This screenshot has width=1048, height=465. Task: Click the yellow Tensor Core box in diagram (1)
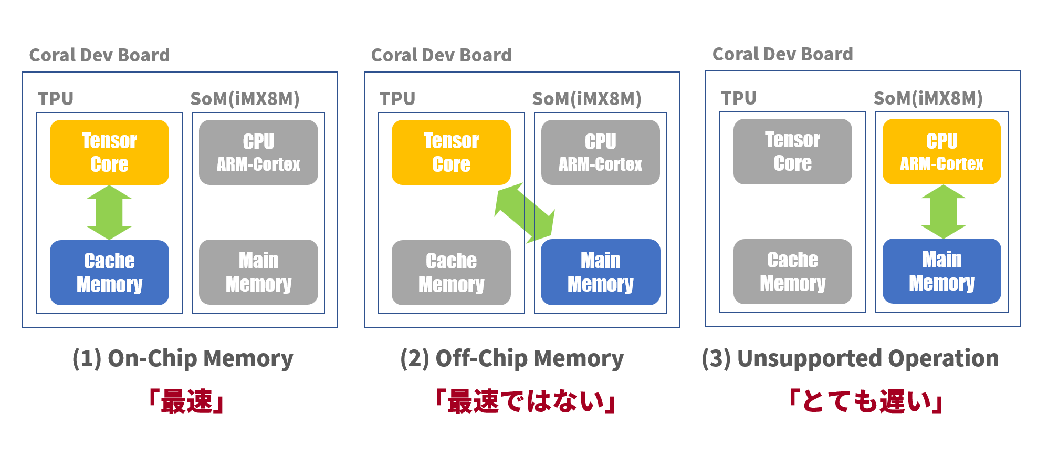pyautogui.click(x=109, y=152)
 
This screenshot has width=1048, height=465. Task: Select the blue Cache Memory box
pyautogui.click(x=109, y=272)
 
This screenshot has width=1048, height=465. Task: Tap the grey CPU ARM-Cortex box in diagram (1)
pyautogui.click(x=258, y=152)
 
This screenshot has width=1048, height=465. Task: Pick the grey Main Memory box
pyautogui.click(x=258, y=272)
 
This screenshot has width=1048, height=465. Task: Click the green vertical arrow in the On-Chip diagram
pyautogui.click(x=109, y=212)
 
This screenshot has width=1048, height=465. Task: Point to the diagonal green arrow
pyautogui.click(x=525, y=213)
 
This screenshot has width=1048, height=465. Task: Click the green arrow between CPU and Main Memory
pyautogui.click(x=943, y=212)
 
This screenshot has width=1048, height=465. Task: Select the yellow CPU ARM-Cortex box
pyautogui.click(x=941, y=152)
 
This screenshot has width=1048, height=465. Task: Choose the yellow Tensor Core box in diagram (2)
pyautogui.click(x=451, y=152)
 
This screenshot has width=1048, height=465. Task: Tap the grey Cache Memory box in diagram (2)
pyautogui.click(x=451, y=272)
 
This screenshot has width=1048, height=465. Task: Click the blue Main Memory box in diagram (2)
pyautogui.click(x=600, y=272)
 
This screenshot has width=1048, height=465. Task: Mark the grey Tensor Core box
pyautogui.click(x=792, y=151)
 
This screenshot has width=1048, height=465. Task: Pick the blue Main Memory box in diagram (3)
pyautogui.click(x=941, y=271)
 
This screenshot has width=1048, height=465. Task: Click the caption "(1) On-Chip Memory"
pyautogui.click(x=183, y=359)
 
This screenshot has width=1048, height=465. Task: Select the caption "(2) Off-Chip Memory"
pyautogui.click(x=512, y=359)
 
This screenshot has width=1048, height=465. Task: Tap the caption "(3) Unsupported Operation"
pyautogui.click(x=850, y=359)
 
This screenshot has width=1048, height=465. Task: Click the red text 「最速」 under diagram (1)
pyautogui.click(x=186, y=402)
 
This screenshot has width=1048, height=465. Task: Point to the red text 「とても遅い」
pyautogui.click(x=866, y=402)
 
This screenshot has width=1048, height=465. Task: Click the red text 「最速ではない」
pyautogui.click(x=525, y=402)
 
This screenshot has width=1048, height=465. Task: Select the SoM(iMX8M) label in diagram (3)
pyautogui.click(x=928, y=98)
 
